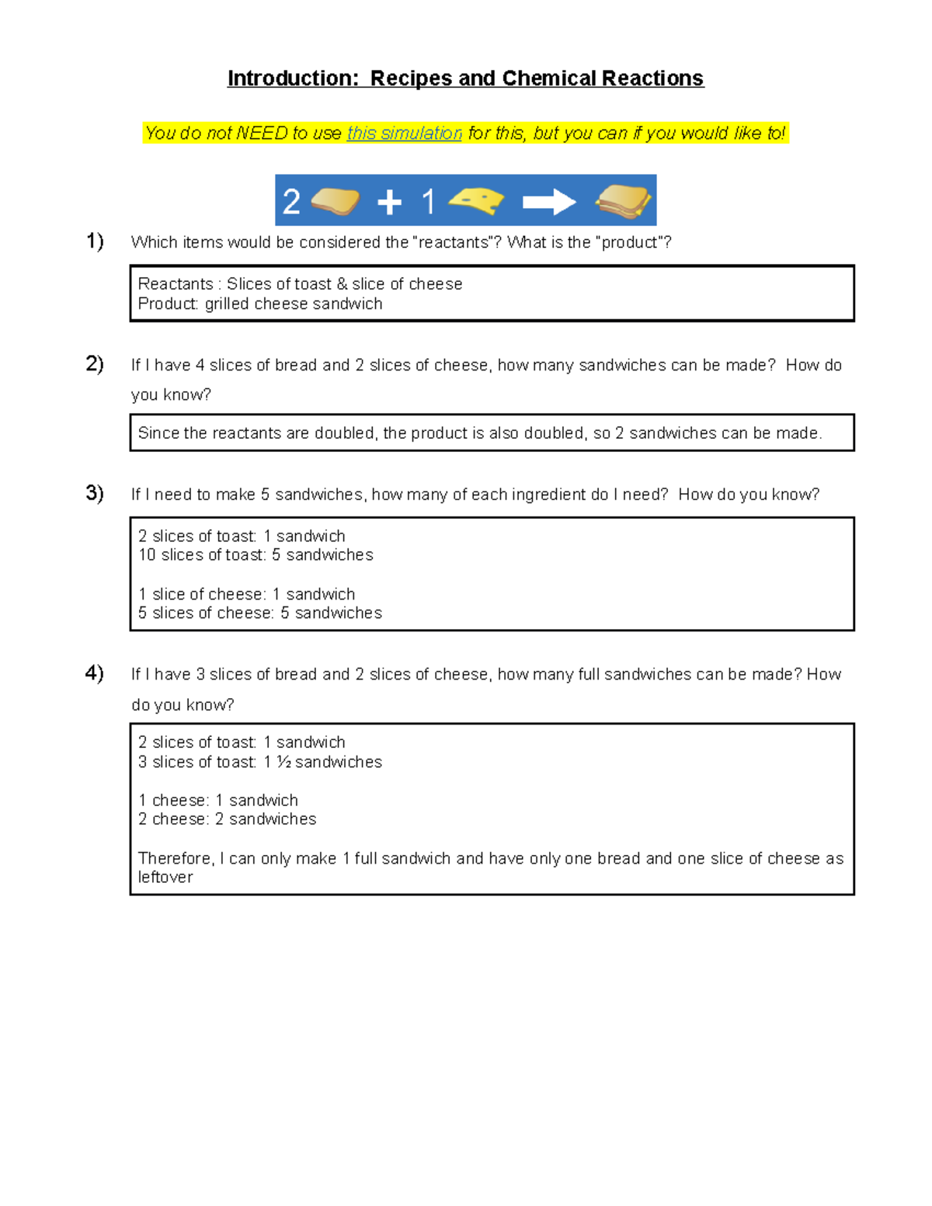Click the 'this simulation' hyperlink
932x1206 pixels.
tap(404, 134)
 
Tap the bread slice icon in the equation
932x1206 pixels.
tap(335, 201)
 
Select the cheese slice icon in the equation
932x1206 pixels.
tap(477, 201)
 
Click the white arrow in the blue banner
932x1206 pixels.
tap(549, 202)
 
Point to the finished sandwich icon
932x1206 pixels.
tap(624, 201)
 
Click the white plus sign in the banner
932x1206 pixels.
tap(389, 203)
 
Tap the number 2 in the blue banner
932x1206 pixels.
tap(291, 202)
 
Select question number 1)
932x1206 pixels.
tap(95, 242)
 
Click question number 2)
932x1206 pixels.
tap(95, 363)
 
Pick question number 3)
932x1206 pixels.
tap(95, 493)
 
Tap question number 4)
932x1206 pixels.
tap(95, 673)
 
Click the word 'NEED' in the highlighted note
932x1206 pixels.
tap(262, 134)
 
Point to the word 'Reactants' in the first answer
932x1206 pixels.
tap(176, 284)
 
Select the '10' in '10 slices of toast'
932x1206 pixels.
tap(147, 555)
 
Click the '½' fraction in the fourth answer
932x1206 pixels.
tap(284, 763)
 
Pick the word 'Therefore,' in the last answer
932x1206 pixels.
tap(176, 858)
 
